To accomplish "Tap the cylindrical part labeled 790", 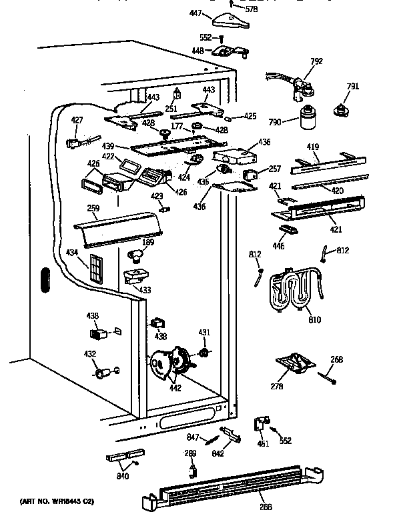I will coord(308,117).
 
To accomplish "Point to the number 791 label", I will coord(353,86).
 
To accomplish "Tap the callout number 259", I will coord(93,209).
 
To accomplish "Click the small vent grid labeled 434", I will coord(97,267).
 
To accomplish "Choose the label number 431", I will coord(204,333).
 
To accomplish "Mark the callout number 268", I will coord(337,360).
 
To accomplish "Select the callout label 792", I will coord(316,62).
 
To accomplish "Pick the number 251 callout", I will coord(171,109).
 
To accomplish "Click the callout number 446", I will coord(278,246).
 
